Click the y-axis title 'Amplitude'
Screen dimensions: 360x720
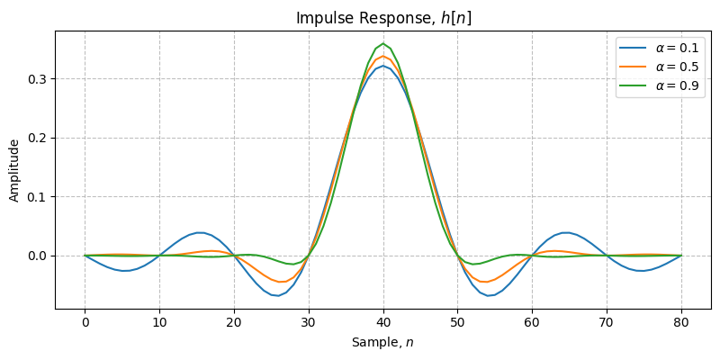coord(14,170)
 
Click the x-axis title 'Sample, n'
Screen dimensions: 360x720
coord(383,342)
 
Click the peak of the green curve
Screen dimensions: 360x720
coord(383,43)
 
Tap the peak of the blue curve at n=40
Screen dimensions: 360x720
coord(383,66)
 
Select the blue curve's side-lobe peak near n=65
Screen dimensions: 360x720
coord(566,232)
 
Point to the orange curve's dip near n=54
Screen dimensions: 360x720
coord(488,282)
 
